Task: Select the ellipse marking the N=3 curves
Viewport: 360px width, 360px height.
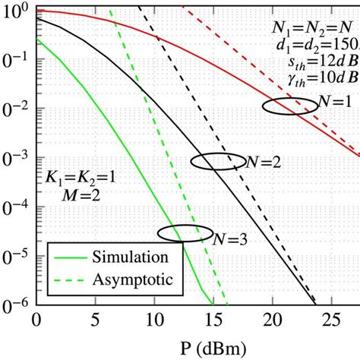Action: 185,232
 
